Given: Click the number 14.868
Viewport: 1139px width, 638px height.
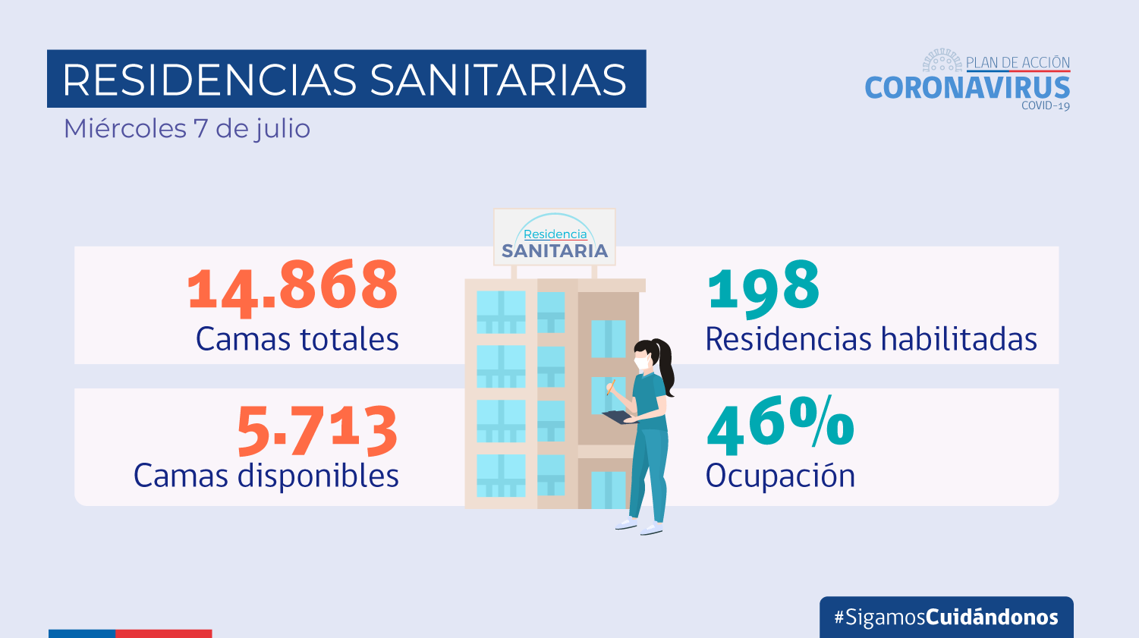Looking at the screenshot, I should click(x=293, y=286).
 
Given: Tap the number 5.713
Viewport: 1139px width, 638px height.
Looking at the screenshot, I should click(x=317, y=429).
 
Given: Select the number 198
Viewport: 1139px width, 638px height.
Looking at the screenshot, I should click(x=763, y=287).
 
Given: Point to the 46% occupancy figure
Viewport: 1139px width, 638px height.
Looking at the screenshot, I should click(x=780, y=425).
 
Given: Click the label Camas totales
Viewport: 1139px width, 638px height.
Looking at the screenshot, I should click(x=297, y=339).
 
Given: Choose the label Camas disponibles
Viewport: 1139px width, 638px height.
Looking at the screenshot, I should click(x=266, y=476).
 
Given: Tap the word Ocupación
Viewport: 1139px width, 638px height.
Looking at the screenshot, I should click(x=780, y=476).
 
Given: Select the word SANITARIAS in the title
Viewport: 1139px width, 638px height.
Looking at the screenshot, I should click(x=498, y=80).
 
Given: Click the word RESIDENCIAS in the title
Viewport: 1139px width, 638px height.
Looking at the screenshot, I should click(x=209, y=80).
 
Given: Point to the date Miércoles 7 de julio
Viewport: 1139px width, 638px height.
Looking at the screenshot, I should click(x=187, y=129).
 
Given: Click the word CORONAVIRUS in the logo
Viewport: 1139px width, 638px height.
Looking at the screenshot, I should click(x=968, y=88).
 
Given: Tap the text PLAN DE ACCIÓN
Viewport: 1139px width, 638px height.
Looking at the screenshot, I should click(x=1018, y=63).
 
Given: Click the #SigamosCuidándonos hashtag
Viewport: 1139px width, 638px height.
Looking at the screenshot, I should click(x=946, y=617).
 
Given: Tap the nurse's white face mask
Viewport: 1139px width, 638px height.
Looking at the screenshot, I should click(x=643, y=363).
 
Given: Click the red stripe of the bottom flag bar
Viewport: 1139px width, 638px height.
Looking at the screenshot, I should click(x=163, y=633).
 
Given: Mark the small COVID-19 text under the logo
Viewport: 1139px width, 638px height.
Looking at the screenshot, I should click(x=1045, y=105).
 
